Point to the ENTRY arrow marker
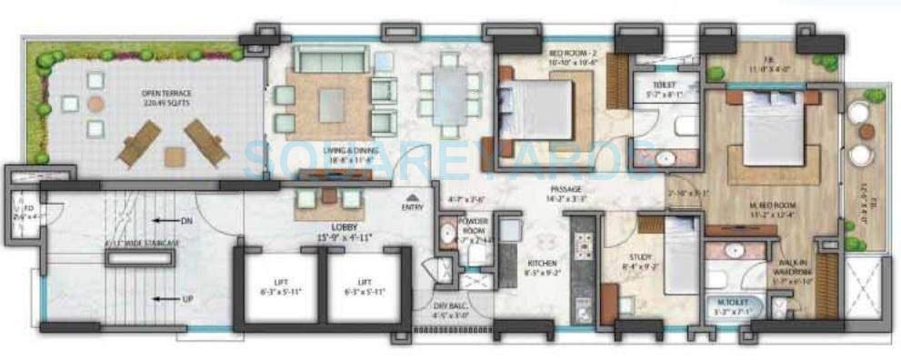(412, 197)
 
